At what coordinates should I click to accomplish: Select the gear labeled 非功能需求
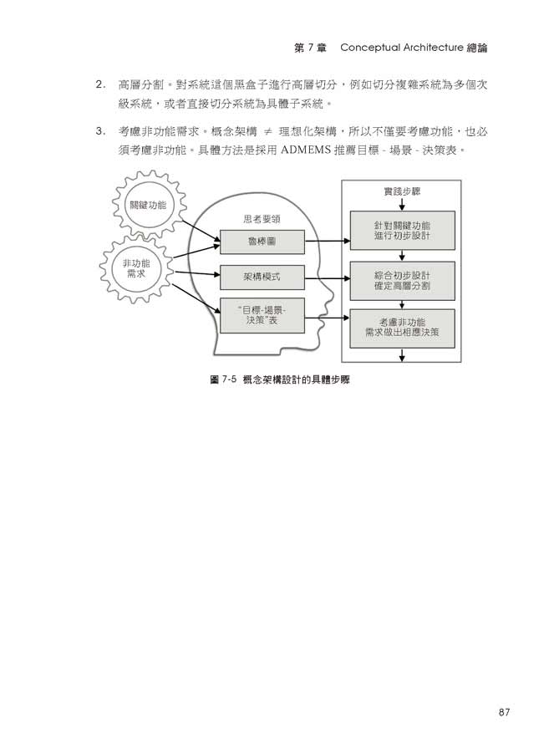(x=135, y=268)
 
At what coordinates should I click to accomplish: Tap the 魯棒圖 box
(x=261, y=242)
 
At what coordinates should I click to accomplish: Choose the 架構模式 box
(x=261, y=275)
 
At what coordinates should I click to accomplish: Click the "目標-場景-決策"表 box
(x=261, y=317)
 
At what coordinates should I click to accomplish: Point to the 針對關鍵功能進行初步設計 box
(x=403, y=231)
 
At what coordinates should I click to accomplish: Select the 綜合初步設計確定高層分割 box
(x=403, y=281)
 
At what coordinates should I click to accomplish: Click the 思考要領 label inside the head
(x=261, y=219)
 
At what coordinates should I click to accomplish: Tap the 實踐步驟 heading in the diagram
(x=402, y=191)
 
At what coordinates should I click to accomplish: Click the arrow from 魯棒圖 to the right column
(x=327, y=242)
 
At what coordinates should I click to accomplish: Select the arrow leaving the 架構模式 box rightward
(x=327, y=275)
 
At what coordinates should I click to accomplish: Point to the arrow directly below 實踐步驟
(x=402, y=203)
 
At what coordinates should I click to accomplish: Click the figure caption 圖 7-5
(x=223, y=379)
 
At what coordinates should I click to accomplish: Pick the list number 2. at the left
(x=100, y=85)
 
